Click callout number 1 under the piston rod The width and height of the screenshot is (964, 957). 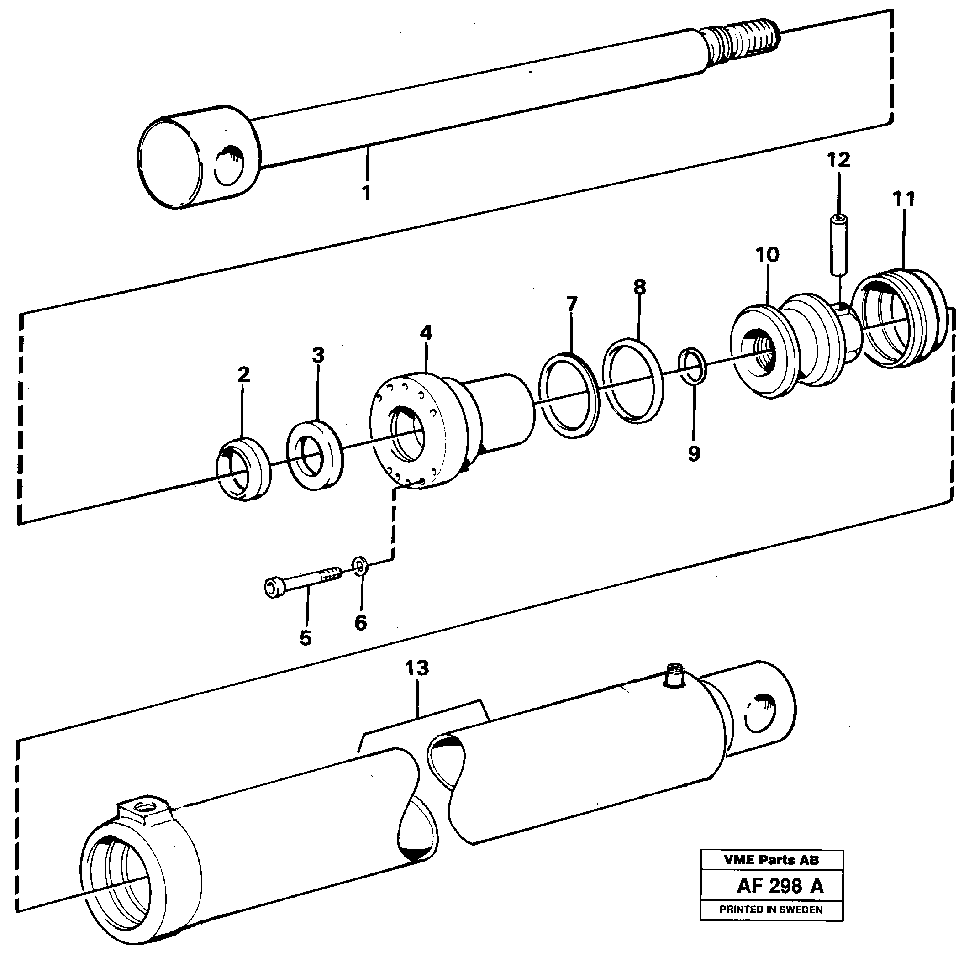coord(367,192)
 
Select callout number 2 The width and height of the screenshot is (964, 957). coord(243,374)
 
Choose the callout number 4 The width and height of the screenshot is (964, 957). coord(426,333)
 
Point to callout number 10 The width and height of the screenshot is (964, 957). coord(767,255)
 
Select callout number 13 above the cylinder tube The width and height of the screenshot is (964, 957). coord(416,668)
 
